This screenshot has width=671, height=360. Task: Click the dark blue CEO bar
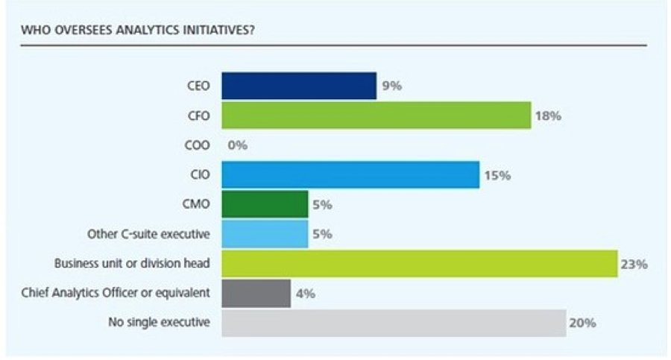pyautogui.click(x=299, y=86)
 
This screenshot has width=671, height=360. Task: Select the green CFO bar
pyautogui.click(x=377, y=116)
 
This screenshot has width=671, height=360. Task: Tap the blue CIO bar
pyautogui.click(x=350, y=175)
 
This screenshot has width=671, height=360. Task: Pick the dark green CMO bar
pyautogui.click(x=265, y=204)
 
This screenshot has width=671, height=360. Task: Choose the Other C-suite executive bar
pyautogui.click(x=265, y=234)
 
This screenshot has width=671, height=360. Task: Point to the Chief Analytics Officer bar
pyautogui.click(x=256, y=294)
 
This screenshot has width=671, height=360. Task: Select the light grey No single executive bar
pyautogui.click(x=394, y=323)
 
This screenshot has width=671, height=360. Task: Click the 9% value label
pyautogui.click(x=392, y=86)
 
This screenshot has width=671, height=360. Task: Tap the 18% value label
pyautogui.click(x=548, y=116)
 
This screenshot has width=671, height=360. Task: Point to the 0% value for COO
pyautogui.click(x=237, y=146)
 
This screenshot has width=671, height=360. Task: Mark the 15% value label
pyautogui.click(x=497, y=176)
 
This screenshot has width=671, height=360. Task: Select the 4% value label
pyautogui.click(x=306, y=294)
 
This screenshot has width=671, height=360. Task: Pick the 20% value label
pyautogui.click(x=583, y=323)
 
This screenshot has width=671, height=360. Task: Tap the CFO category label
pyautogui.click(x=199, y=116)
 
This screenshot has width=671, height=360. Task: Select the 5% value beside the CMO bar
pyautogui.click(x=321, y=205)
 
